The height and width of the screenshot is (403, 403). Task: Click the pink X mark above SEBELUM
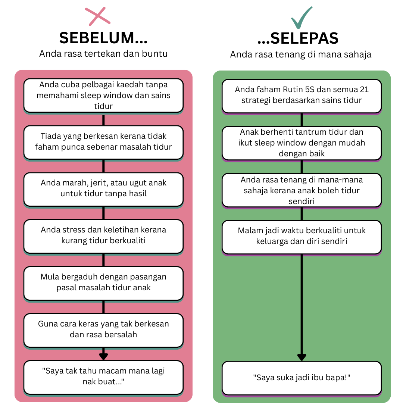tap(97, 17)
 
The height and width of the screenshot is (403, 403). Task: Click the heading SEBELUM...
tap(103, 38)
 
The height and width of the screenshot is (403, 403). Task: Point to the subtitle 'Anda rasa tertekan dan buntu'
tap(103, 53)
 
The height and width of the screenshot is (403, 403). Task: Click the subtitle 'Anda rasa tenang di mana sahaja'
tap(301, 54)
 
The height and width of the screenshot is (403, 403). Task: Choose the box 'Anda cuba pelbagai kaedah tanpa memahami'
tap(103, 95)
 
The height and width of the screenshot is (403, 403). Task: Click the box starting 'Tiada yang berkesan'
tap(103, 142)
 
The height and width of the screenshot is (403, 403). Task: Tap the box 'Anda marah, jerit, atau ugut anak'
tap(103, 189)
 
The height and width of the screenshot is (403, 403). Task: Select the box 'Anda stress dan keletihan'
tap(103, 235)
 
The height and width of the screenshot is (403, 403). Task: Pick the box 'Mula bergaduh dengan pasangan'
tap(103, 282)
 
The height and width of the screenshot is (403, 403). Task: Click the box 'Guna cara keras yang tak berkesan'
tap(103, 329)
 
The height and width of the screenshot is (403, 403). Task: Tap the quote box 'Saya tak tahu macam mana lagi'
tap(103, 377)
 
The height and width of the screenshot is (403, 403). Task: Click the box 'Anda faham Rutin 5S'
tap(302, 95)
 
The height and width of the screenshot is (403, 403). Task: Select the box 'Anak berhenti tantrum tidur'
tap(302, 143)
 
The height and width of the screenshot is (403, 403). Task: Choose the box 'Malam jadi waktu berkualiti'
tap(302, 236)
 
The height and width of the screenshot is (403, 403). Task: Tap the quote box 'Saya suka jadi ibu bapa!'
tap(302, 378)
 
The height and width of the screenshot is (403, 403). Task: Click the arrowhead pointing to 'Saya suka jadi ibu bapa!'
tap(302, 357)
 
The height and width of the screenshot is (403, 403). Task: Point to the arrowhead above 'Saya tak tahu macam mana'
tap(103, 356)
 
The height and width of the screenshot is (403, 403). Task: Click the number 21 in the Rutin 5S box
tap(364, 90)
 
